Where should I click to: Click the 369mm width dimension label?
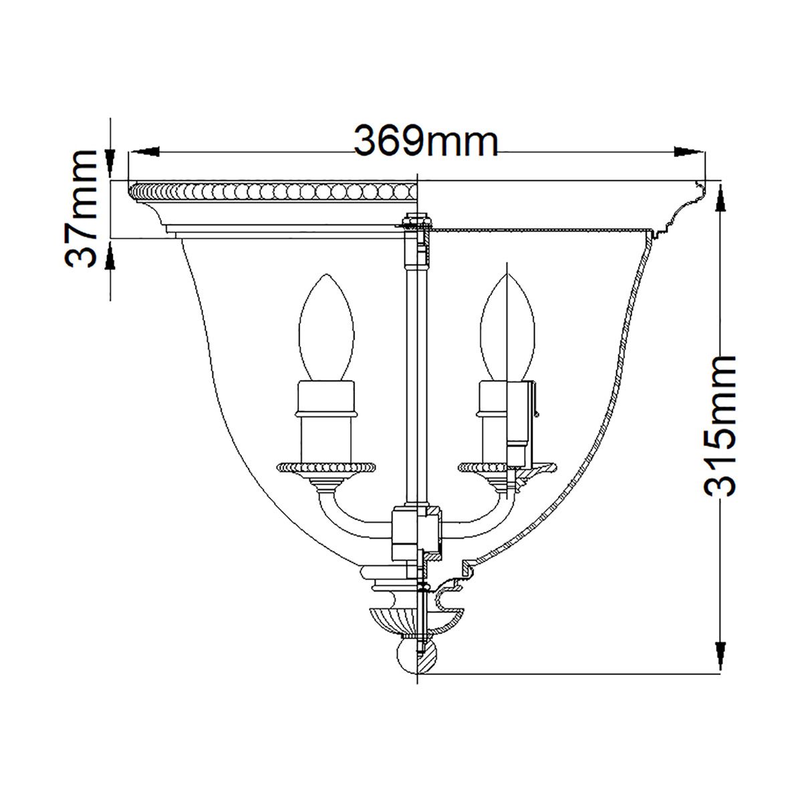click(x=426, y=141)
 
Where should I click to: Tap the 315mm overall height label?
click(x=720, y=425)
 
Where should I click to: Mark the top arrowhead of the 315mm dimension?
click(x=720, y=198)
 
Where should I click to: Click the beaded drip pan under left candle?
click(x=327, y=465)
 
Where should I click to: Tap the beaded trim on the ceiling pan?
click(x=274, y=192)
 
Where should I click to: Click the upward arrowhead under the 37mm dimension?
click(x=112, y=254)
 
